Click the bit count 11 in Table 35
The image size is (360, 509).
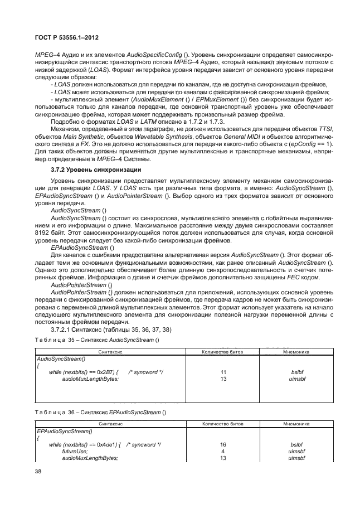(223, 371)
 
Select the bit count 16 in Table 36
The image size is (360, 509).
(223, 444)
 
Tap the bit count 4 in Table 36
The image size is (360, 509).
(223, 450)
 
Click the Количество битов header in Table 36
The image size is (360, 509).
(223, 424)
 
